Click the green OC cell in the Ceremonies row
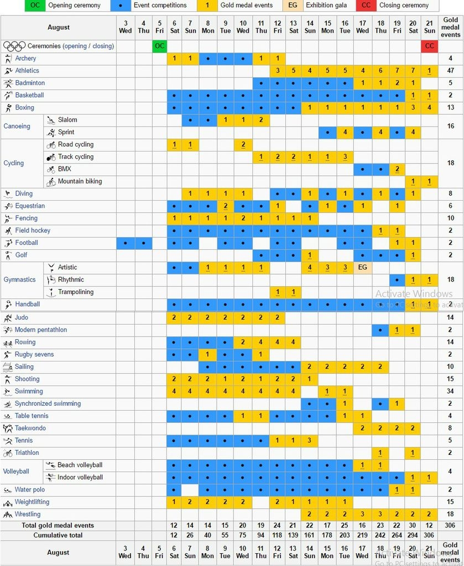pos(160,46)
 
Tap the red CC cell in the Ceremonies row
pos(429,46)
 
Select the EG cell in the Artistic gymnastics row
pos(363,268)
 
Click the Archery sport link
pos(25,58)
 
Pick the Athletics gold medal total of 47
pos(450,70)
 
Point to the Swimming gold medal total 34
pos(450,391)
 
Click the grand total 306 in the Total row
pos(450,525)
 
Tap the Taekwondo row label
pos(30,428)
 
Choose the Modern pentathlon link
pos(40,329)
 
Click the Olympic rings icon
pos(14,46)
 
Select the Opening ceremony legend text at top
pos(75,5)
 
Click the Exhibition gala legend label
pos(326,5)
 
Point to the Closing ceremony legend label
pos(404,5)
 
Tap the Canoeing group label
pos(17,126)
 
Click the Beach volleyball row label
pos(80,465)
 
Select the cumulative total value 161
pos(309,535)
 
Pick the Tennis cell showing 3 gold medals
pos(310,441)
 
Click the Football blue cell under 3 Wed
pos(126,243)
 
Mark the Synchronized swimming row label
pos(48,403)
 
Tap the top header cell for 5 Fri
pos(160,27)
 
